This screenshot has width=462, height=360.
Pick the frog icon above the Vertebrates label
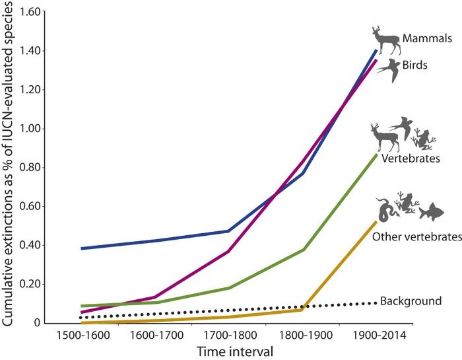point(423,139)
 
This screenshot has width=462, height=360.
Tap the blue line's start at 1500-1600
point(81,248)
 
